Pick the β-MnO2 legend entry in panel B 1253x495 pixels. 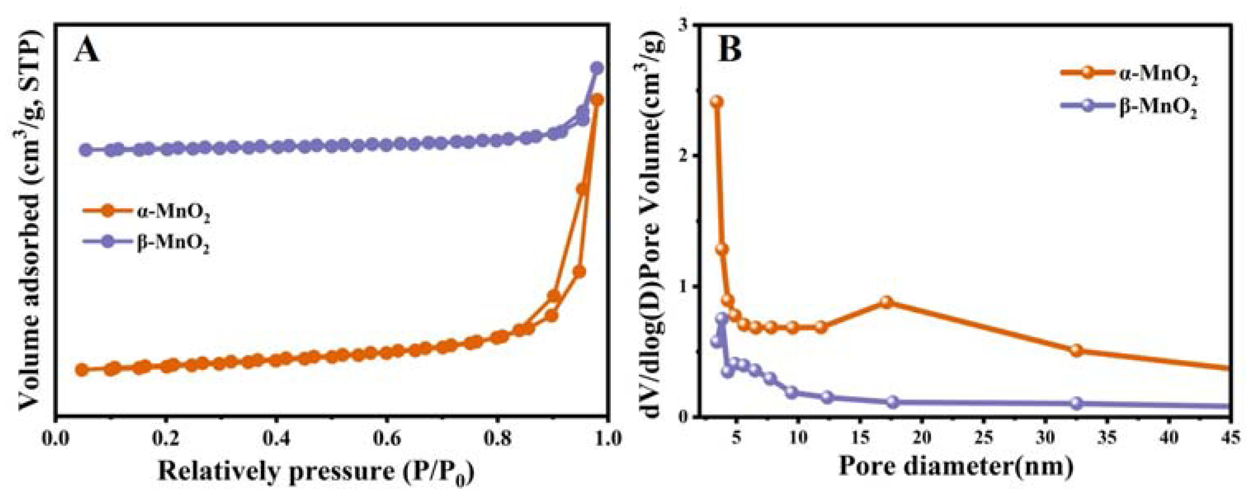[x=1128, y=109]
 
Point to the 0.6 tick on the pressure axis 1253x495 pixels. [x=386, y=439]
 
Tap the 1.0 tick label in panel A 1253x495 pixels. [x=604, y=439]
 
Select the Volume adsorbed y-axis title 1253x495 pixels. [x=30, y=221]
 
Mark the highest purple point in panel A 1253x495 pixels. [x=597, y=68]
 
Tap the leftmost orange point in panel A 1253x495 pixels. [x=82, y=370]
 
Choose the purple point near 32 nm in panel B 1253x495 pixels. [x=1076, y=403]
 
